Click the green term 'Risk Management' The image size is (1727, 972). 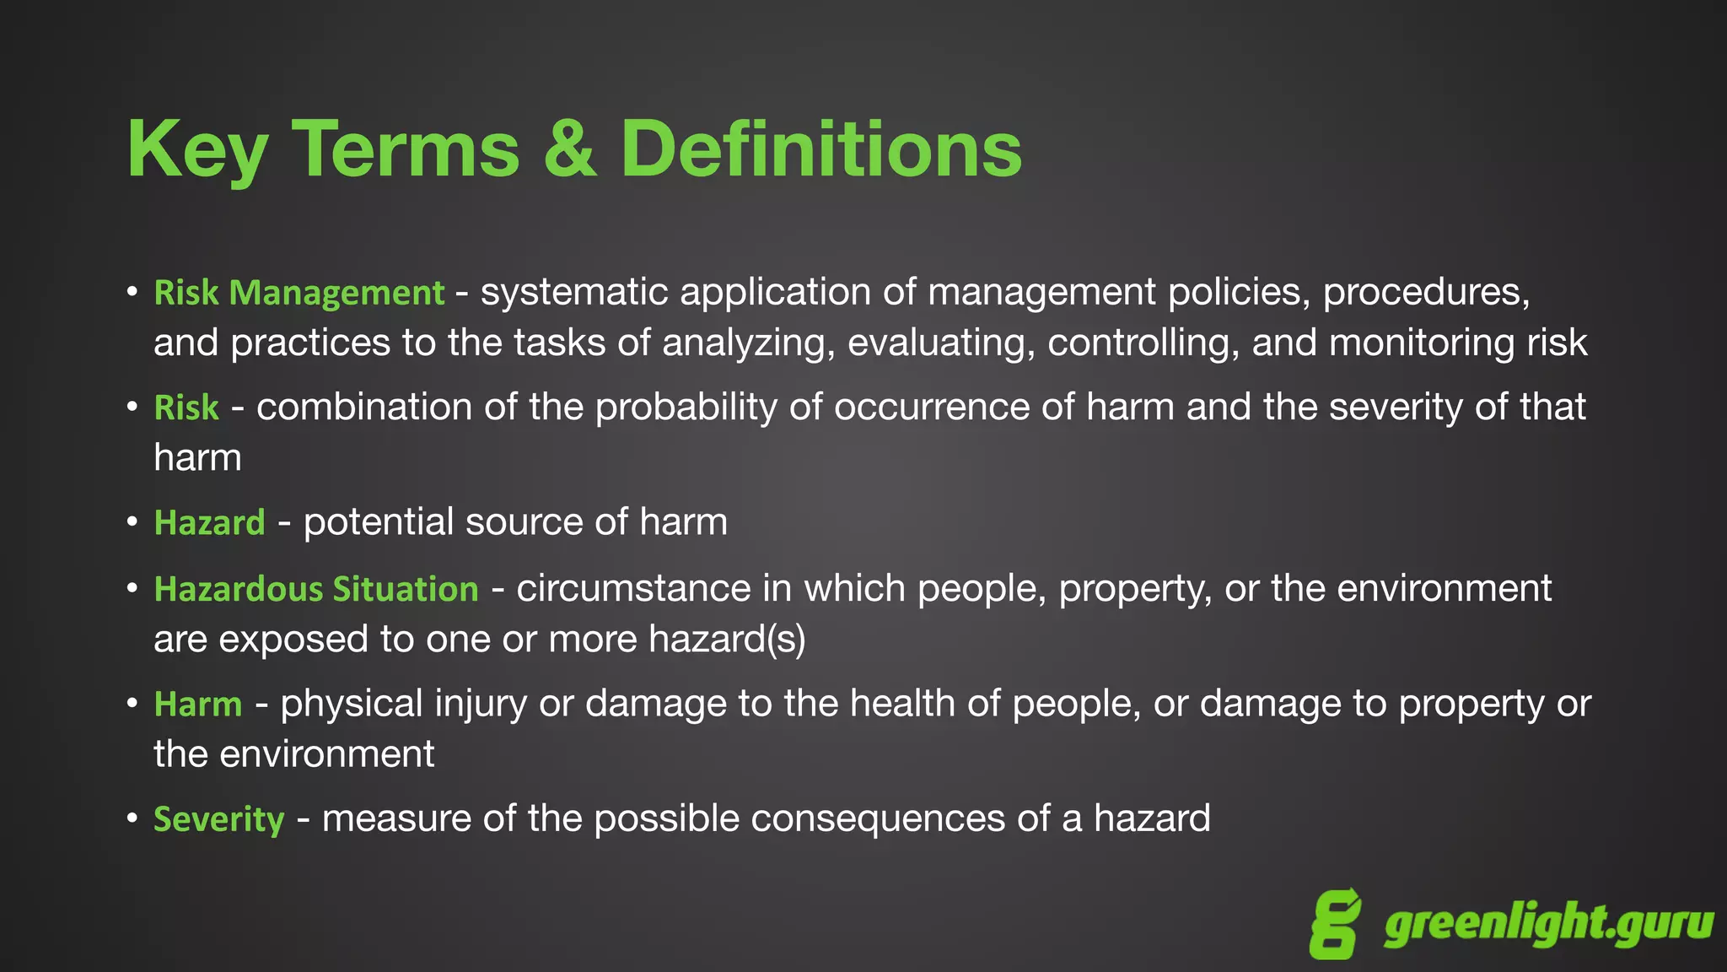(x=299, y=293)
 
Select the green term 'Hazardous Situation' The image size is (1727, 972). (x=316, y=589)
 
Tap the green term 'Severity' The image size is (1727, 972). (x=219, y=819)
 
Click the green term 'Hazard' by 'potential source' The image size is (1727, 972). (x=209, y=522)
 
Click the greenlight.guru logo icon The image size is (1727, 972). (x=1335, y=924)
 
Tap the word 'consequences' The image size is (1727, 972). (x=877, y=818)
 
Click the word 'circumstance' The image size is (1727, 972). (x=633, y=588)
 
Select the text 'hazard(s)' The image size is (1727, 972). (x=727, y=640)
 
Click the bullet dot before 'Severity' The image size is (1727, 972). (x=132, y=818)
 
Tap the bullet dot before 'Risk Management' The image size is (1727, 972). (x=132, y=292)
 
